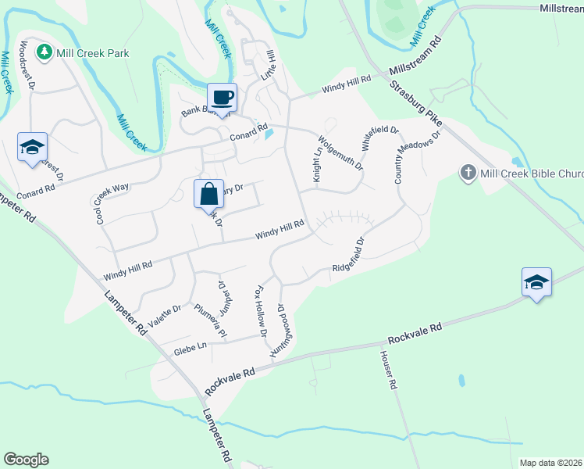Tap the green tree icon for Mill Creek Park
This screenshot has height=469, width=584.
click(x=44, y=52)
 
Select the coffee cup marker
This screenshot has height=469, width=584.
click(x=222, y=98)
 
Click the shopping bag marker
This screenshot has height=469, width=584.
click(x=208, y=194)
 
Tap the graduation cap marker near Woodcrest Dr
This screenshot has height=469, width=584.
click(x=33, y=147)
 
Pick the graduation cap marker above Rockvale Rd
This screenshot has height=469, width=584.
click(x=536, y=282)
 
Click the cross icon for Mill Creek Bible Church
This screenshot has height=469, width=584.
click(x=468, y=172)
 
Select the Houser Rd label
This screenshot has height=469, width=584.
click(x=388, y=370)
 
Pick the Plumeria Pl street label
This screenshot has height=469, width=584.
click(x=210, y=320)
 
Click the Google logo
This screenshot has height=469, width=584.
click(x=26, y=460)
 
